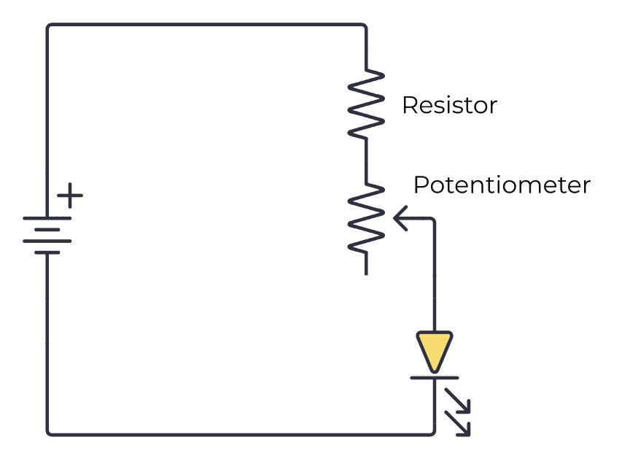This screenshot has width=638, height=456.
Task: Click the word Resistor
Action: [449, 105]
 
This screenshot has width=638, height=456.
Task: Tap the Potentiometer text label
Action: [502, 185]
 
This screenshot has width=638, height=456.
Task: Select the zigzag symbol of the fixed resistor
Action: [366, 104]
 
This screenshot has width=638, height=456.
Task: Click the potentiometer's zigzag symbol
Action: [366, 218]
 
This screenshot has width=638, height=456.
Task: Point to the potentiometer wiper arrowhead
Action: [398, 217]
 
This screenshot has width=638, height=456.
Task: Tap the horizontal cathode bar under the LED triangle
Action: [435, 378]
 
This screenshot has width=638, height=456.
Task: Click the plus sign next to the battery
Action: [71, 196]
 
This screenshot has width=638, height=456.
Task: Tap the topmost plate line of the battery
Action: [48, 217]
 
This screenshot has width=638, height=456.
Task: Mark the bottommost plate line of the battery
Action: [48, 252]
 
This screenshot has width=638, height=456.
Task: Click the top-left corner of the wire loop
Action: [49, 26]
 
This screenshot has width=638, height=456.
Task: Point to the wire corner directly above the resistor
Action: [365, 26]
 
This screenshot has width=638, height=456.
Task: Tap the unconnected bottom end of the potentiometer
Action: [366, 273]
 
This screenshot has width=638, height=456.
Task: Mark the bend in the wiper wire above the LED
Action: [434, 218]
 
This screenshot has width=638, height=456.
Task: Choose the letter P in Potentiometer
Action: [420, 185]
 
